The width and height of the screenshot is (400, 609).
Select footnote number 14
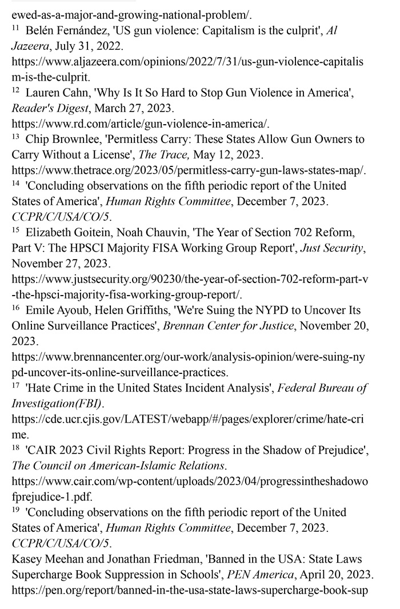15,184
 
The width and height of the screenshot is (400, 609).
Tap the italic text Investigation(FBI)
57,404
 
